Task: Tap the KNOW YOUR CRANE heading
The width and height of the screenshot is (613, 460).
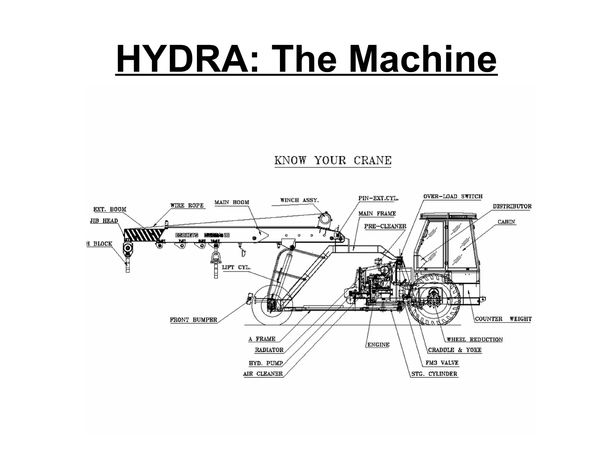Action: coord(333,161)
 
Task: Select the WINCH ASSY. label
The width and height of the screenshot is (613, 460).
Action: coord(299,200)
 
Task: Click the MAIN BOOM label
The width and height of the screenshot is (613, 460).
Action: coord(232,202)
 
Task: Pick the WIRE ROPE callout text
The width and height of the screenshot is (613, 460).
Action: coord(187,205)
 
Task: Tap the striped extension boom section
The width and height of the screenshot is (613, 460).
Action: coord(144,234)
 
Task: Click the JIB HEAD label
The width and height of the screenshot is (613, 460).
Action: coord(104,221)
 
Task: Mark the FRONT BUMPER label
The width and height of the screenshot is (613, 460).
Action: coord(193,320)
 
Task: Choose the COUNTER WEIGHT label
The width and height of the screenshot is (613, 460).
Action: coord(503,319)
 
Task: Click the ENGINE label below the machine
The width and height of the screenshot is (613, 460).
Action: coord(378,345)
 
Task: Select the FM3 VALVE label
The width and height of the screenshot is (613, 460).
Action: coord(442,363)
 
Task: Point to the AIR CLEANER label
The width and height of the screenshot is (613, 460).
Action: coord(263,374)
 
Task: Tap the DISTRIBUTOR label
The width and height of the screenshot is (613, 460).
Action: coord(512,206)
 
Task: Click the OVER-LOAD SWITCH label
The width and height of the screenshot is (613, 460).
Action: coord(453,196)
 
